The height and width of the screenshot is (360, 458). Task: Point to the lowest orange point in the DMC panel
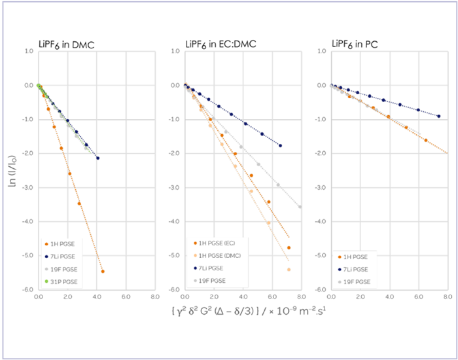pyautogui.click(x=103, y=271)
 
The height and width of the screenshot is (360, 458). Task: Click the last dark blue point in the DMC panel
pyautogui.click(x=98, y=158)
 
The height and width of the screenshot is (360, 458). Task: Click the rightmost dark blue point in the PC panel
pyautogui.click(x=439, y=116)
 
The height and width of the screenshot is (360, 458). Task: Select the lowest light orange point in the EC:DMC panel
pyautogui.click(x=289, y=270)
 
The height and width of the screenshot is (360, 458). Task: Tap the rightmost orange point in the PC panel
pyautogui.click(x=426, y=140)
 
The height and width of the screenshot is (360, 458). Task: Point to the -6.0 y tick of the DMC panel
pyautogui.click(x=29, y=289)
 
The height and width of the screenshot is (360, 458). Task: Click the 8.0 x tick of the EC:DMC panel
pyautogui.click(x=300, y=296)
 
